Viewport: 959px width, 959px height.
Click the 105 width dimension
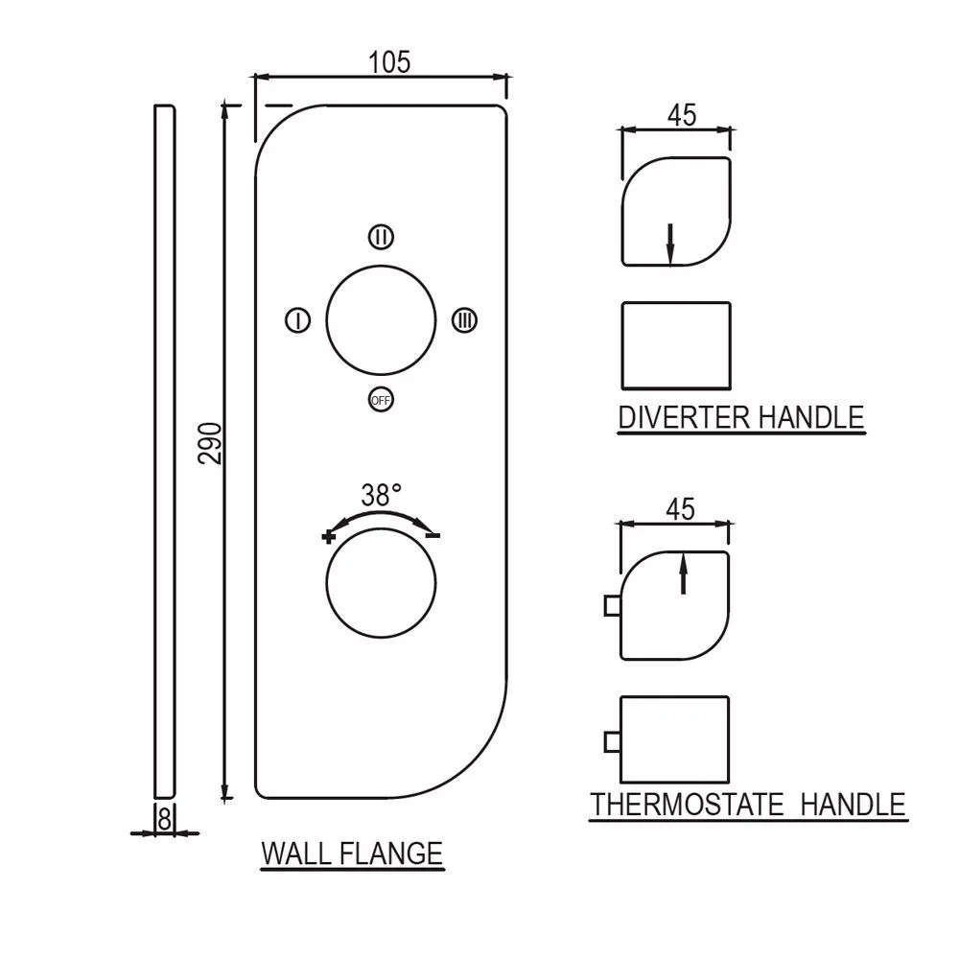pos(389,62)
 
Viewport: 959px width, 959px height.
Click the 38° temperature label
pos(381,496)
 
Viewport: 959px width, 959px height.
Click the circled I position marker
pos(298,320)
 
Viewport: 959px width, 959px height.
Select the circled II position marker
pos(381,236)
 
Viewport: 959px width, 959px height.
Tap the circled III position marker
pos(464,320)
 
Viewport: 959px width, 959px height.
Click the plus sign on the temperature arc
pos(330,536)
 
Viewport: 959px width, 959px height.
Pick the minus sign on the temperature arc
pos(433,535)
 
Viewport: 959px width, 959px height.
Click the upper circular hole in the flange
pos(381,319)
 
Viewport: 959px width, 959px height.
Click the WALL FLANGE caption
pos(352,853)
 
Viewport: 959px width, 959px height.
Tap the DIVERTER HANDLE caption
pos(741,418)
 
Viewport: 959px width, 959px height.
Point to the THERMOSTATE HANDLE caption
pos(748,804)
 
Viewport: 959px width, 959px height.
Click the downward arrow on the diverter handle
pos(670,243)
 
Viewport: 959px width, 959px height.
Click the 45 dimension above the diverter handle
pos(681,116)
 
